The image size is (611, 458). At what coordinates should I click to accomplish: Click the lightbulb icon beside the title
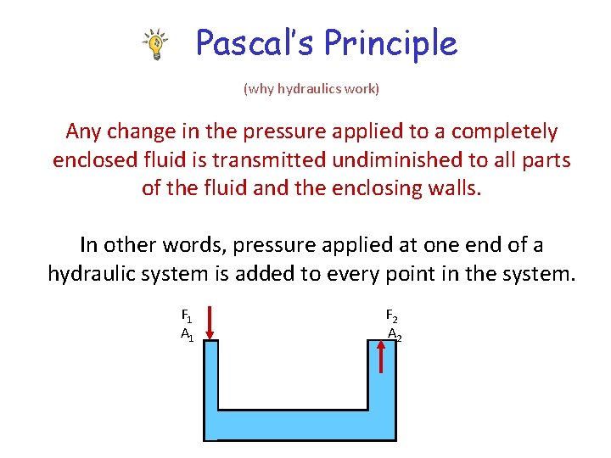tap(154, 44)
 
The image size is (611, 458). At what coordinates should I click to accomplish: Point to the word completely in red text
tap(504, 132)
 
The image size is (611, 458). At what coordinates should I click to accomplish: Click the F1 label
tap(186, 316)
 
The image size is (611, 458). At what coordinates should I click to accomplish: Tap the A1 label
tap(186, 335)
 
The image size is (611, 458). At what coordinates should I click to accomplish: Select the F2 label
tap(391, 316)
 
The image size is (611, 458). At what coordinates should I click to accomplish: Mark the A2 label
tap(394, 335)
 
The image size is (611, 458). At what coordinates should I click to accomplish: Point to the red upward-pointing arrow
tap(382, 356)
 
